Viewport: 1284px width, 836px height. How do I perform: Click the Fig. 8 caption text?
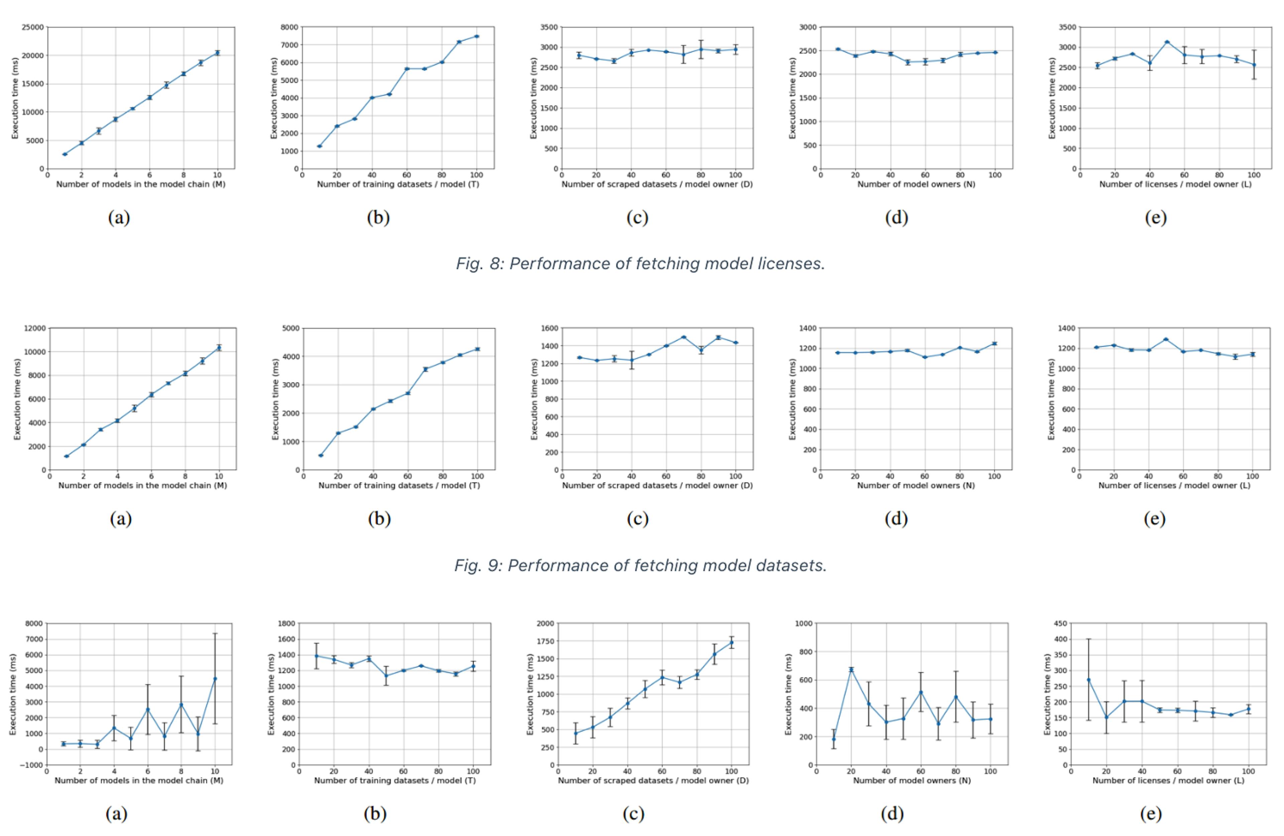pos(640,264)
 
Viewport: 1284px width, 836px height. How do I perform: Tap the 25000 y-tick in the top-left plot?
pos(32,27)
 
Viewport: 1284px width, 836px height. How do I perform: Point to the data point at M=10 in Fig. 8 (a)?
pos(217,53)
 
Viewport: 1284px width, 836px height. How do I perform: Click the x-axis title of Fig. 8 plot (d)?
pos(916,185)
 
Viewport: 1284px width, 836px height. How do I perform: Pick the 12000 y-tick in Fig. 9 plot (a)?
pos(34,328)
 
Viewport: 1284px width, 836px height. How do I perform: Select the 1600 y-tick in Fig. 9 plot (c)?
pos(549,328)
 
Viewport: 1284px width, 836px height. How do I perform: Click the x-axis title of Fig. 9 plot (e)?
pos(1174,485)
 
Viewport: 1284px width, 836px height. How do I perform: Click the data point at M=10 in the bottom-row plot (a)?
pos(215,679)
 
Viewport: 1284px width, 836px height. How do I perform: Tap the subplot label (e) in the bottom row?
pos(1150,813)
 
